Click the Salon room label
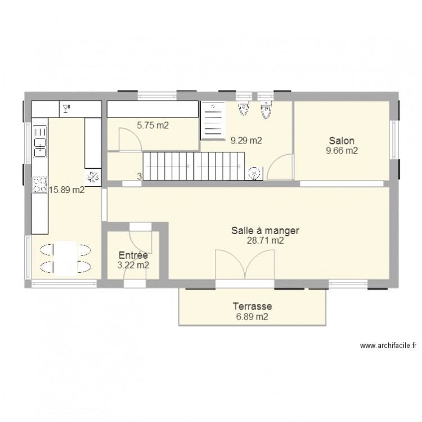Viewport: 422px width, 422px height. point(343,141)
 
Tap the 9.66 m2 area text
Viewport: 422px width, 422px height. point(343,151)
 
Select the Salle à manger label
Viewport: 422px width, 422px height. point(264,230)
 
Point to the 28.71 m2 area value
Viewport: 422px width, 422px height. point(264,240)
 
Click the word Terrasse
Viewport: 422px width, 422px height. point(253,307)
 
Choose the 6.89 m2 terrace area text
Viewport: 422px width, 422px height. point(253,317)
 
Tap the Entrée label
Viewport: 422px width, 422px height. point(133,255)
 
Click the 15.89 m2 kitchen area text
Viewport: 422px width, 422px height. point(67,190)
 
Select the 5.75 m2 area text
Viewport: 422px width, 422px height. point(152,125)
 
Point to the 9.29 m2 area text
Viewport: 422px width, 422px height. point(246,141)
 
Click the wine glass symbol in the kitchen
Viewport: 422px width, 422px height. point(66,107)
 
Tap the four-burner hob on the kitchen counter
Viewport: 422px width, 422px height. point(40,185)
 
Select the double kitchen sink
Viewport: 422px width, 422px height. point(40,141)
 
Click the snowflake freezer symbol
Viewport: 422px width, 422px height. point(93,177)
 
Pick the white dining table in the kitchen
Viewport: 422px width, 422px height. point(67,258)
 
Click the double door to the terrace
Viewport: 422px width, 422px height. point(245,264)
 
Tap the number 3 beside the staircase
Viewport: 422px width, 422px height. point(139,177)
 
